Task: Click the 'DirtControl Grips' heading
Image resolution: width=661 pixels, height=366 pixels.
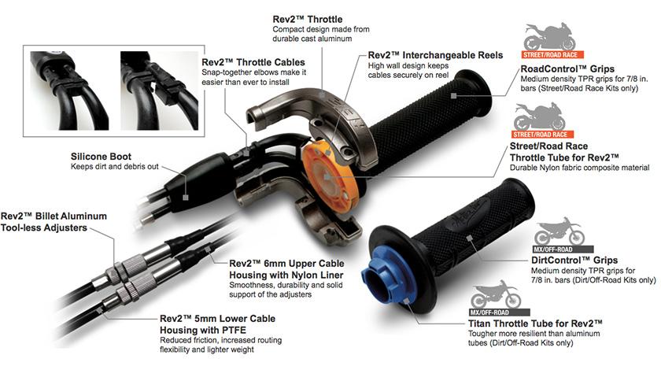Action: [x=574, y=260]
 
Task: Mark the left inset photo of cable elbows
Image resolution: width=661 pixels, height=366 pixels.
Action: [x=68, y=79]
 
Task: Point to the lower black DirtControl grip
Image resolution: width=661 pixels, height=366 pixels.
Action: [x=464, y=235]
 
